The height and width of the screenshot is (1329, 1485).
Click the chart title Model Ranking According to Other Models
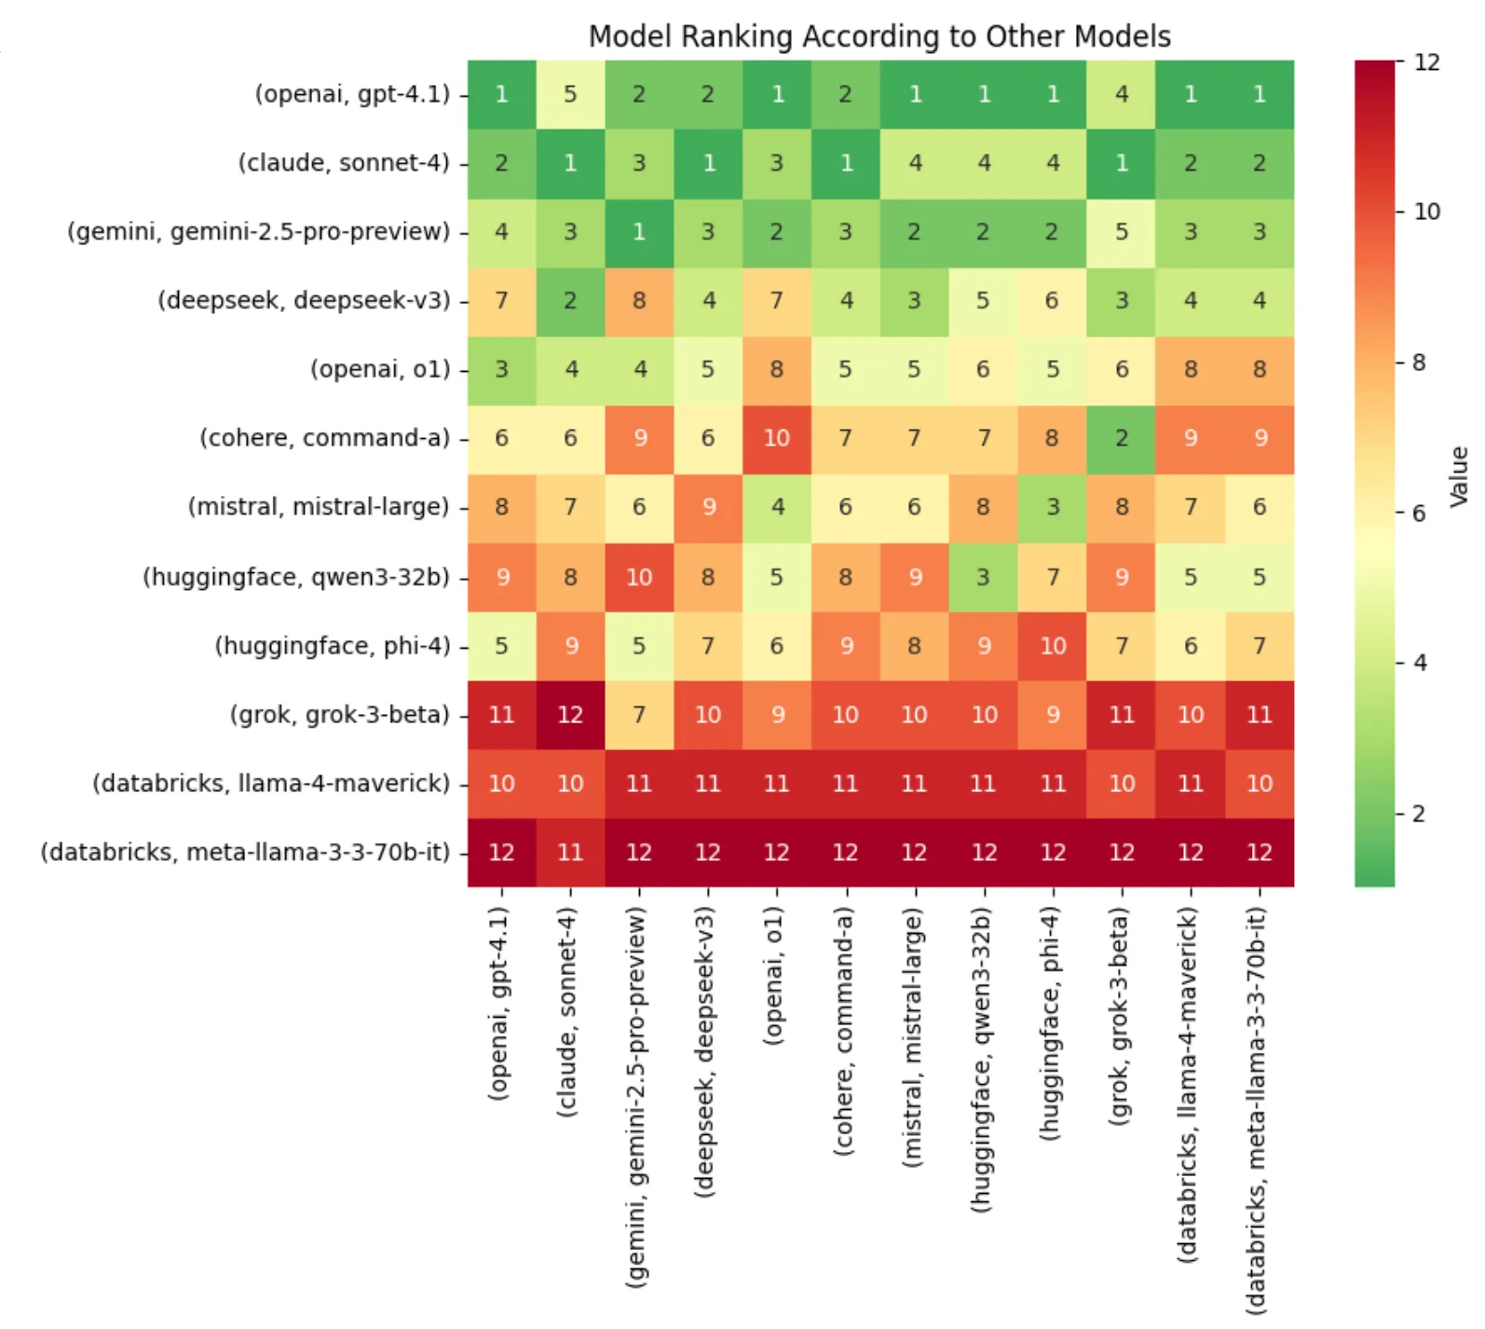pyautogui.click(x=879, y=36)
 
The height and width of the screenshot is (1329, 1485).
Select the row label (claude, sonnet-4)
pyautogui.click(x=344, y=163)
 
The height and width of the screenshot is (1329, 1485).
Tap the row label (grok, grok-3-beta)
pyautogui.click(x=339, y=715)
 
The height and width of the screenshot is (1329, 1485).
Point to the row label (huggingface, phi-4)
pyautogui.click(x=333, y=646)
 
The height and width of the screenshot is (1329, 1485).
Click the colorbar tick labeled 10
pyautogui.click(x=1426, y=212)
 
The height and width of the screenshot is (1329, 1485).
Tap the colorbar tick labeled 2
pyautogui.click(x=1419, y=814)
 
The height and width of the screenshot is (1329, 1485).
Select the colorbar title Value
pyautogui.click(x=1459, y=476)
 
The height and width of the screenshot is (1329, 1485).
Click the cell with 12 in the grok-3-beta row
pyautogui.click(x=570, y=715)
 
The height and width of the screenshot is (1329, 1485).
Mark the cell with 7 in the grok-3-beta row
pyautogui.click(x=639, y=715)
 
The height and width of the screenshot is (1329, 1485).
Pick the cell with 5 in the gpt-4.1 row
pyautogui.click(x=570, y=94)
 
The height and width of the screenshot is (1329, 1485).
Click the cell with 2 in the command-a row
pyautogui.click(x=1122, y=438)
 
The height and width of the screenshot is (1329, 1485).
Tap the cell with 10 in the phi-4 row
pyautogui.click(x=1053, y=646)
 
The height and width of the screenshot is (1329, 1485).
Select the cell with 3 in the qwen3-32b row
pyautogui.click(x=984, y=577)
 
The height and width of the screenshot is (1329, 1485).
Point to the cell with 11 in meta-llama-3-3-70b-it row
pyautogui.click(x=570, y=852)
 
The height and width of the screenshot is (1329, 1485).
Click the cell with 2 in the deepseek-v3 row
pyautogui.click(x=570, y=301)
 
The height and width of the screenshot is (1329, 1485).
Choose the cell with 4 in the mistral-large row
pyautogui.click(x=777, y=507)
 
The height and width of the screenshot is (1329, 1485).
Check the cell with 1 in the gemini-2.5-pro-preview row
pyautogui.click(x=639, y=232)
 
